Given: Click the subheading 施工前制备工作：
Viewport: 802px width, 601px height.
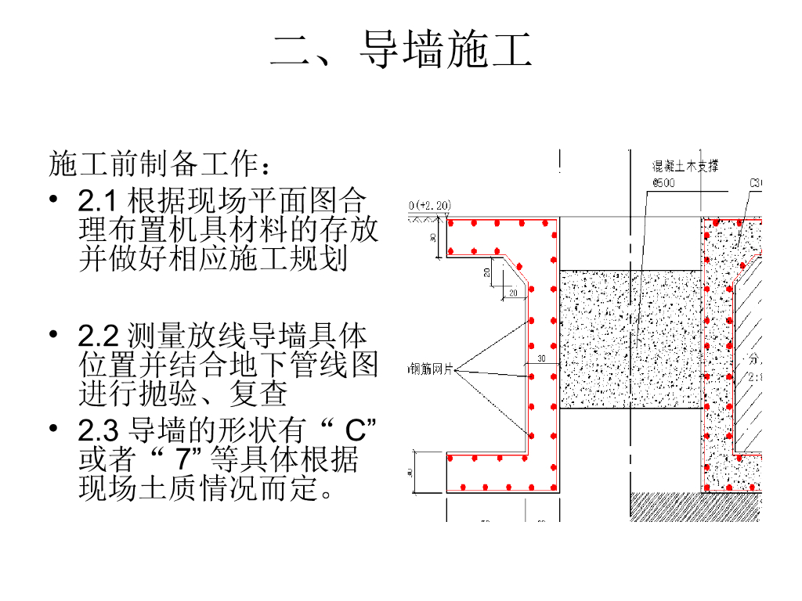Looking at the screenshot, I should (161, 165).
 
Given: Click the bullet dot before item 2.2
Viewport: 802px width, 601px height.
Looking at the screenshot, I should (53, 335).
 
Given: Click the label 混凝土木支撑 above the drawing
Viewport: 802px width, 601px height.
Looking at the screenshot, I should (686, 166).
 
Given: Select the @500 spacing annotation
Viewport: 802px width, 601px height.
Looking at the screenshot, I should (663, 183).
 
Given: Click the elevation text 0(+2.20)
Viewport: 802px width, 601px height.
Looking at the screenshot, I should (430, 206).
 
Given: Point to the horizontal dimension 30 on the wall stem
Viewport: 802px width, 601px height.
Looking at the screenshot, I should (541, 359).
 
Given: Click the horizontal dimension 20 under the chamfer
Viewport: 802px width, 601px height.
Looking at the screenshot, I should (514, 293).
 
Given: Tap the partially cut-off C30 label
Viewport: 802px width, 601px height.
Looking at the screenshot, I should (756, 183).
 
